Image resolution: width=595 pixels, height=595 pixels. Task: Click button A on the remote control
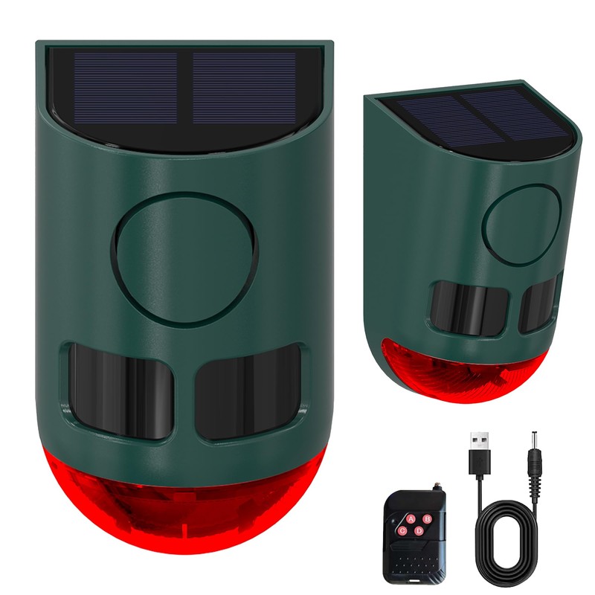pos(411,518)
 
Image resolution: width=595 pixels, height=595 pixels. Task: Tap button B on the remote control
pos(427,518)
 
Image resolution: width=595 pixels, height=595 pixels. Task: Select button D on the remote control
pos(419,531)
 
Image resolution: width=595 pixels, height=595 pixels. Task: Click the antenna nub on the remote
pos(437,486)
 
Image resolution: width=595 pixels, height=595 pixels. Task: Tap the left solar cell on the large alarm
pos(126,88)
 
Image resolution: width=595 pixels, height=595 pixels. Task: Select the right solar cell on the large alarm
pos(245,88)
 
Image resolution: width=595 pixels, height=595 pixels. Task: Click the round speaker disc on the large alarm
pos(184,258)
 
